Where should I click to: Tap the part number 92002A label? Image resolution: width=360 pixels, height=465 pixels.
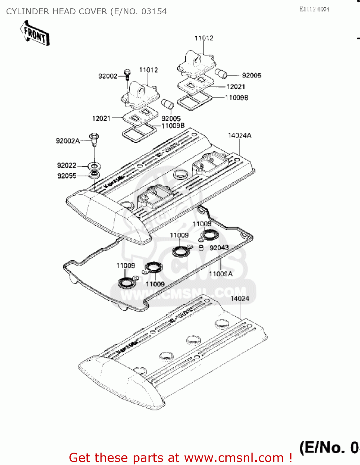point(68,141)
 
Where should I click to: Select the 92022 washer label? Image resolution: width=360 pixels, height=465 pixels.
point(67,166)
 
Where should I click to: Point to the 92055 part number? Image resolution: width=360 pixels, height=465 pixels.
point(67,176)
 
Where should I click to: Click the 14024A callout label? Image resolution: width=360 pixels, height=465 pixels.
point(240,135)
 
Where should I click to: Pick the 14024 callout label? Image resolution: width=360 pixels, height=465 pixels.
point(240,299)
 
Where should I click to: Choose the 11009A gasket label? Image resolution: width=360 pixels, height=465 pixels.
point(221,274)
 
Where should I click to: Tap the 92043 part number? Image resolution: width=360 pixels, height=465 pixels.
point(219,248)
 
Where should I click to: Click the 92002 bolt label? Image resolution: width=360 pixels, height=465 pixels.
point(108,76)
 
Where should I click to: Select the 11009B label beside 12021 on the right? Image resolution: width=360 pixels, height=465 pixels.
point(237,98)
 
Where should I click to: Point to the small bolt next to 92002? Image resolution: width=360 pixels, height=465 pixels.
point(127,74)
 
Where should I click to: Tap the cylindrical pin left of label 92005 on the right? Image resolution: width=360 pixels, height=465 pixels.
point(221,74)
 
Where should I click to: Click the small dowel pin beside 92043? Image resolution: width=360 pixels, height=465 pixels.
point(201,248)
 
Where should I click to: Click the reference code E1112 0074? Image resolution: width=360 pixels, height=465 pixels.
point(314,9)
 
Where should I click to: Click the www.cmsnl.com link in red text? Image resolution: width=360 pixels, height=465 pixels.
point(234,458)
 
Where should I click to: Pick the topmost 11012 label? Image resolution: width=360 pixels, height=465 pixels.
point(204,38)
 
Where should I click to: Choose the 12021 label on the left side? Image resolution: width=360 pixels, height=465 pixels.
point(101,118)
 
